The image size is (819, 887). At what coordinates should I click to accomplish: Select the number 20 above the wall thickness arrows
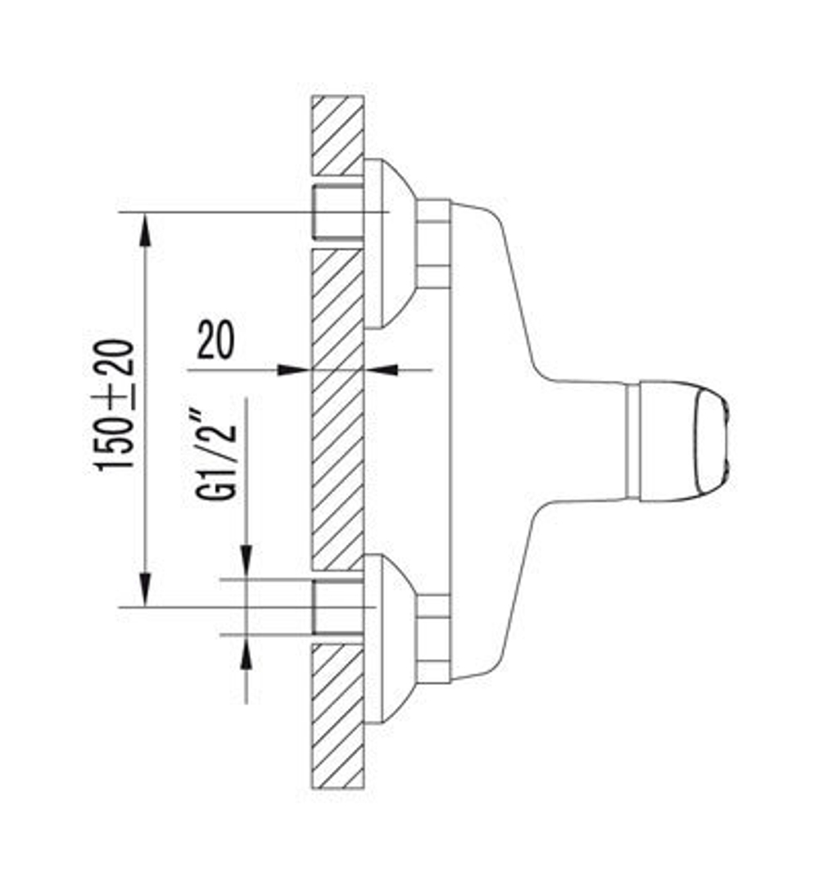215,342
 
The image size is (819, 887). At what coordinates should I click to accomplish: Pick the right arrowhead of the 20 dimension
382,369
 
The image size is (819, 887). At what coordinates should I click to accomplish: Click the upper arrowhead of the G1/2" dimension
247,562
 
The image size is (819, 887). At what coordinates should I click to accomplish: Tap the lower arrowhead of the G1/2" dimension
247,652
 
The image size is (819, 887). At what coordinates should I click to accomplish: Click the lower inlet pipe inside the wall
337,606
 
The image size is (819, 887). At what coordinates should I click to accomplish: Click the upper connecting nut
432,243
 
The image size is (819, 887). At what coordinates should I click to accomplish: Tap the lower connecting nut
432,638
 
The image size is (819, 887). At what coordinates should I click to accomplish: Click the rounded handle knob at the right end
685,440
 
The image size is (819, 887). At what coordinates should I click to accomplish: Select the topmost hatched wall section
337,135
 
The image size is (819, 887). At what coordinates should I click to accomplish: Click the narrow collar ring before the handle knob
631,440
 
